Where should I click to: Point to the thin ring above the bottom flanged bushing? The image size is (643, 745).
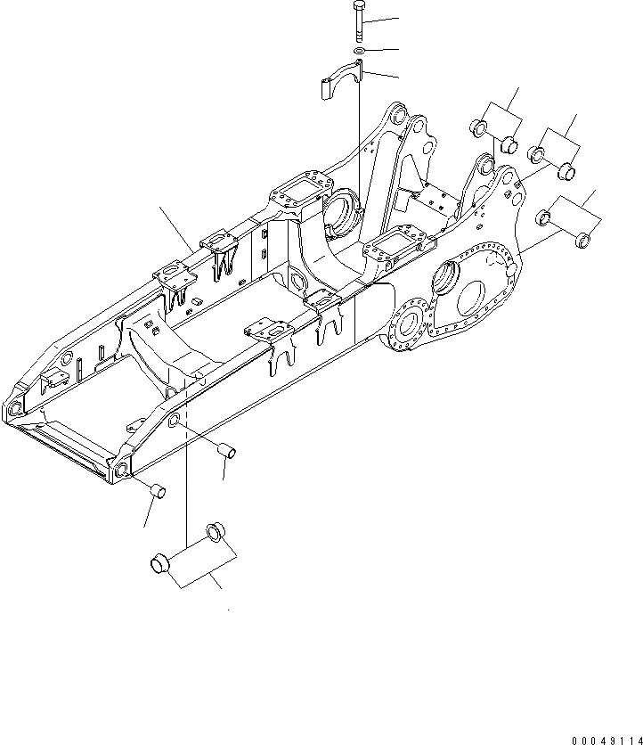(x=216, y=533)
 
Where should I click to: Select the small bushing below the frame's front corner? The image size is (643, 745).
(x=157, y=489)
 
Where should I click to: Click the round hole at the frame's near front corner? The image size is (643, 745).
(x=119, y=471)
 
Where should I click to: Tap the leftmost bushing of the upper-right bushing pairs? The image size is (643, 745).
(x=477, y=130)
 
